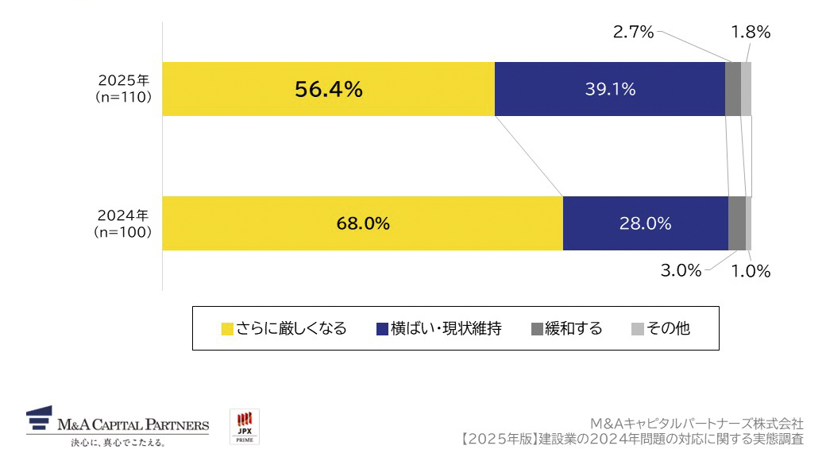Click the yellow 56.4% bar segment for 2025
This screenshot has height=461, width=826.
328,89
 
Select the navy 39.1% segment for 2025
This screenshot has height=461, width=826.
609,89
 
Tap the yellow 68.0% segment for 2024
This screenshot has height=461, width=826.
362,223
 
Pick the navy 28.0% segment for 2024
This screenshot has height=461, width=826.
645,223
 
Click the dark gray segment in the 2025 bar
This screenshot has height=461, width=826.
732,89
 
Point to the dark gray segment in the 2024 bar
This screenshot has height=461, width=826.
736,223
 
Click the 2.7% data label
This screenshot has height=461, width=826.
633,33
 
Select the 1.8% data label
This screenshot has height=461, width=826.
751,33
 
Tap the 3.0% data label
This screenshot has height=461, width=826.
681,271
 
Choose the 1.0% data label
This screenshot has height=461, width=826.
751,271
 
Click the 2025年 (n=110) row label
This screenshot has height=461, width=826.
123,89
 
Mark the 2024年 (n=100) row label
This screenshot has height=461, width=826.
123,223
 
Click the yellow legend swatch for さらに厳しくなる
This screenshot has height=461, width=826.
227,329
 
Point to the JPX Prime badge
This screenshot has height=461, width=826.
244,427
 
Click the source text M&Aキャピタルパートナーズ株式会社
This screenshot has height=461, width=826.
697,424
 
